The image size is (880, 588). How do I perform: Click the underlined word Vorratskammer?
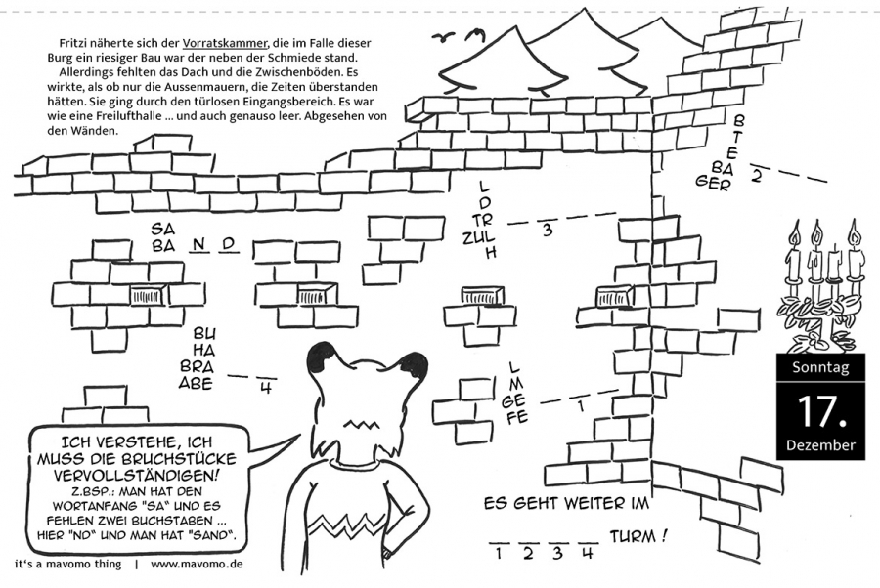225,43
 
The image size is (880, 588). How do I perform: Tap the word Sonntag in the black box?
820,367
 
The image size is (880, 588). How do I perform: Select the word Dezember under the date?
820,445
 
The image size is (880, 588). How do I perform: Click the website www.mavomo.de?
197,564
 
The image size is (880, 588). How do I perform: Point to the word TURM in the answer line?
633,537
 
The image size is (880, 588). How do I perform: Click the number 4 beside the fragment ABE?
265,388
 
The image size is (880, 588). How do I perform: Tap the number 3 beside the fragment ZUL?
548,230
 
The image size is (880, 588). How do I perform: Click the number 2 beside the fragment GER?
756,176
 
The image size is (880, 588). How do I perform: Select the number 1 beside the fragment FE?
581,404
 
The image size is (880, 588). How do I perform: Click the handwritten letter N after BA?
198,245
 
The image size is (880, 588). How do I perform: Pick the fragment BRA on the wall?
197,366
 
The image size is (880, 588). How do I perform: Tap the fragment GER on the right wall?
713,182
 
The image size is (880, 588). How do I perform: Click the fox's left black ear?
325,356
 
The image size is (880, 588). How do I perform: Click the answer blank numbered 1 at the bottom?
499,543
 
